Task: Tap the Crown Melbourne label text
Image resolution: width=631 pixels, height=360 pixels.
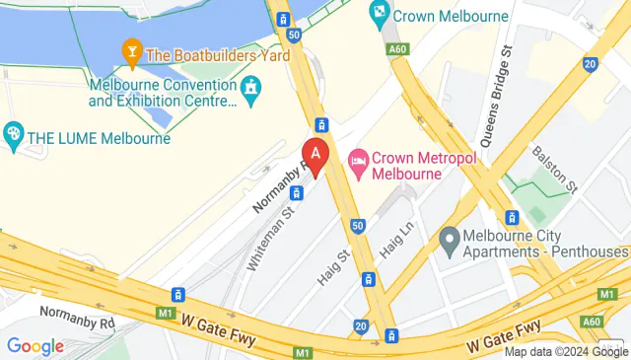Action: (x=451, y=16)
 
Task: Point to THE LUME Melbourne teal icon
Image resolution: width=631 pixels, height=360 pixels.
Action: (x=14, y=134)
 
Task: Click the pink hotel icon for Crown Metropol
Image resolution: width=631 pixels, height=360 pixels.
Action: (x=358, y=159)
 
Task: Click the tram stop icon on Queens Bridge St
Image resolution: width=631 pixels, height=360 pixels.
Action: (x=512, y=217)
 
